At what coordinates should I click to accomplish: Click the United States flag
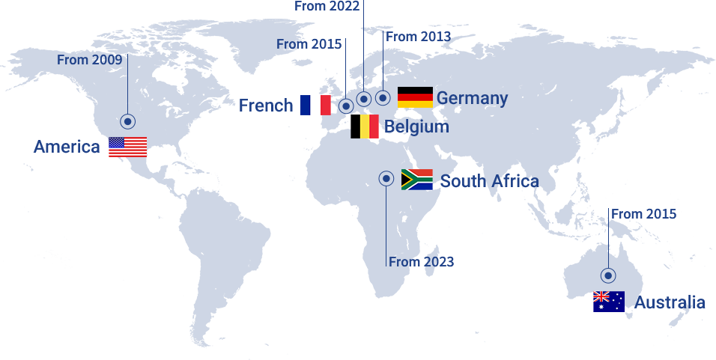point(127,147)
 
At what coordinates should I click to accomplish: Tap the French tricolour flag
point(315,105)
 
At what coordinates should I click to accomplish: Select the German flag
point(415,97)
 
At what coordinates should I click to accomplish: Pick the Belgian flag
point(365,126)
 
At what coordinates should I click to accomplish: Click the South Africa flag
point(416,180)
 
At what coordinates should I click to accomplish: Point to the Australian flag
point(608,302)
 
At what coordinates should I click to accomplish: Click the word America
point(67,147)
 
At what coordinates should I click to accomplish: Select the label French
point(266,106)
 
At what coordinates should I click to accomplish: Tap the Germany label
point(472,98)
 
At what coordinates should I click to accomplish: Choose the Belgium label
point(416,126)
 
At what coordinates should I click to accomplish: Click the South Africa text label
point(489,181)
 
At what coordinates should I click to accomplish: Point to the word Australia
point(670,302)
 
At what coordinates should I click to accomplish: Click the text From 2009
point(89,60)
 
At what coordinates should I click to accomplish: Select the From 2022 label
point(327,6)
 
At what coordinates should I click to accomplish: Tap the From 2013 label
point(419,36)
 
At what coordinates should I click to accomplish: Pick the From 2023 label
point(421,262)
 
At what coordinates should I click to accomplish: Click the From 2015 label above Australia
point(643,214)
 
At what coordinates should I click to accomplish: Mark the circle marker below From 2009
point(128,121)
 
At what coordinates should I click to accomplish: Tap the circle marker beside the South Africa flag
point(386,178)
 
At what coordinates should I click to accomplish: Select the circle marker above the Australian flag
point(608,275)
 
